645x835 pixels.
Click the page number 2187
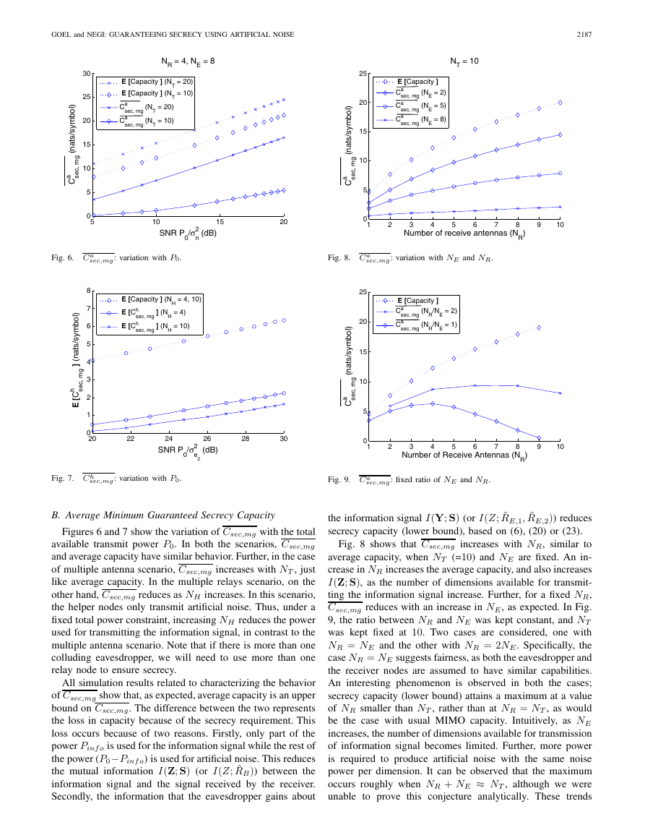[584, 35]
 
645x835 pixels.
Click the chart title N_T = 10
[464, 61]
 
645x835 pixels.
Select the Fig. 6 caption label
[63, 258]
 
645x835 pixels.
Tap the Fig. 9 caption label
[339, 480]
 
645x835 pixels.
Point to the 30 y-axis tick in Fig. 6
[86, 74]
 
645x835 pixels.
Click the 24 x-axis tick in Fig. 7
[169, 439]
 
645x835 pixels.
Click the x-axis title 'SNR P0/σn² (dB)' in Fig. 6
[188, 233]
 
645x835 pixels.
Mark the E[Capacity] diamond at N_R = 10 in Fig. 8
[560, 103]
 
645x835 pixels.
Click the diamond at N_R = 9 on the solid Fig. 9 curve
[539, 437]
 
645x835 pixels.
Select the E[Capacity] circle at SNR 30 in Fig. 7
[284, 320]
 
